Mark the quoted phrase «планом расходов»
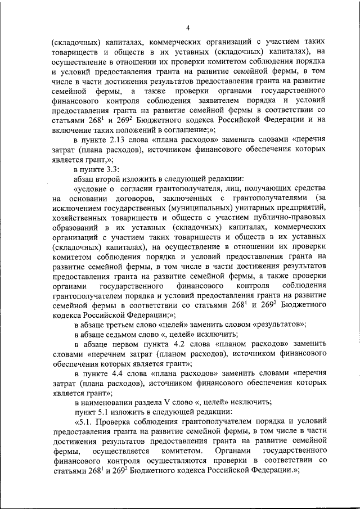(x=256, y=343)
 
